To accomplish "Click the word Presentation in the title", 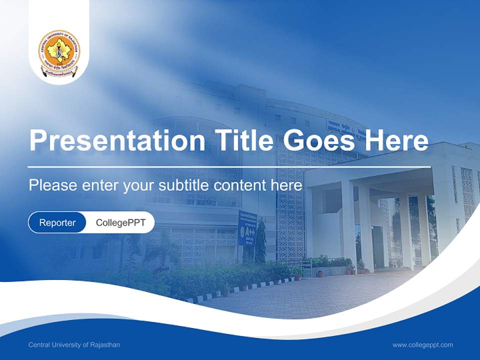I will pyautogui.click(x=117, y=140).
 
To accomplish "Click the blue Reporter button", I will pyautogui.click(x=57, y=222).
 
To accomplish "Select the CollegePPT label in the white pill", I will pyautogui.click(x=120, y=222).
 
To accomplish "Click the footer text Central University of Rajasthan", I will pyautogui.click(x=74, y=345).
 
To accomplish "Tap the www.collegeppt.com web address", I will pyautogui.click(x=422, y=345).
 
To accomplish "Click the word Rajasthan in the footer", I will pyautogui.click(x=106, y=345).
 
